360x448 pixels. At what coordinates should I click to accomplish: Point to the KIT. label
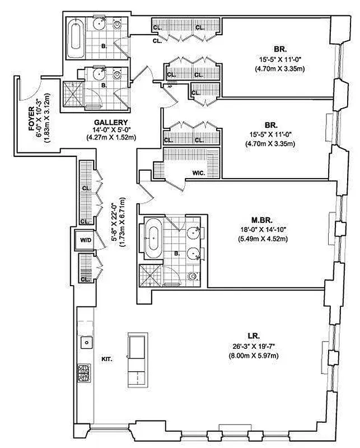tap(106, 359)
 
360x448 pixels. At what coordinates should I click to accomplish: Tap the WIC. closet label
tap(198, 174)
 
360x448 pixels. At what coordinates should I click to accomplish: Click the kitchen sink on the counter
tap(87, 341)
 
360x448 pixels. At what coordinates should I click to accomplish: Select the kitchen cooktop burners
tap(85, 371)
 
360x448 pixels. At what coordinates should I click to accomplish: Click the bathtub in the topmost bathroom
tap(74, 35)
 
